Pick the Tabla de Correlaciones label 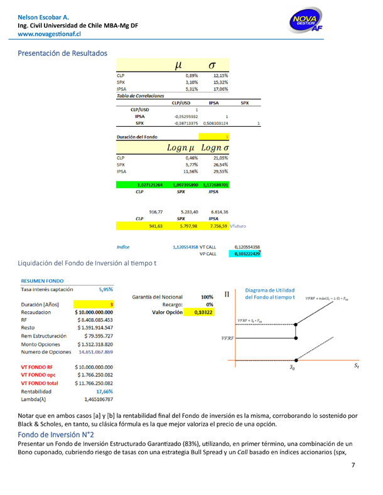pyautogui.click(x=141, y=96)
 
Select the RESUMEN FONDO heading pyautogui.click(x=41, y=282)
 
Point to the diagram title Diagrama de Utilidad pyautogui.click(x=270, y=290)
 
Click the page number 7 pyautogui.click(x=353, y=482)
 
